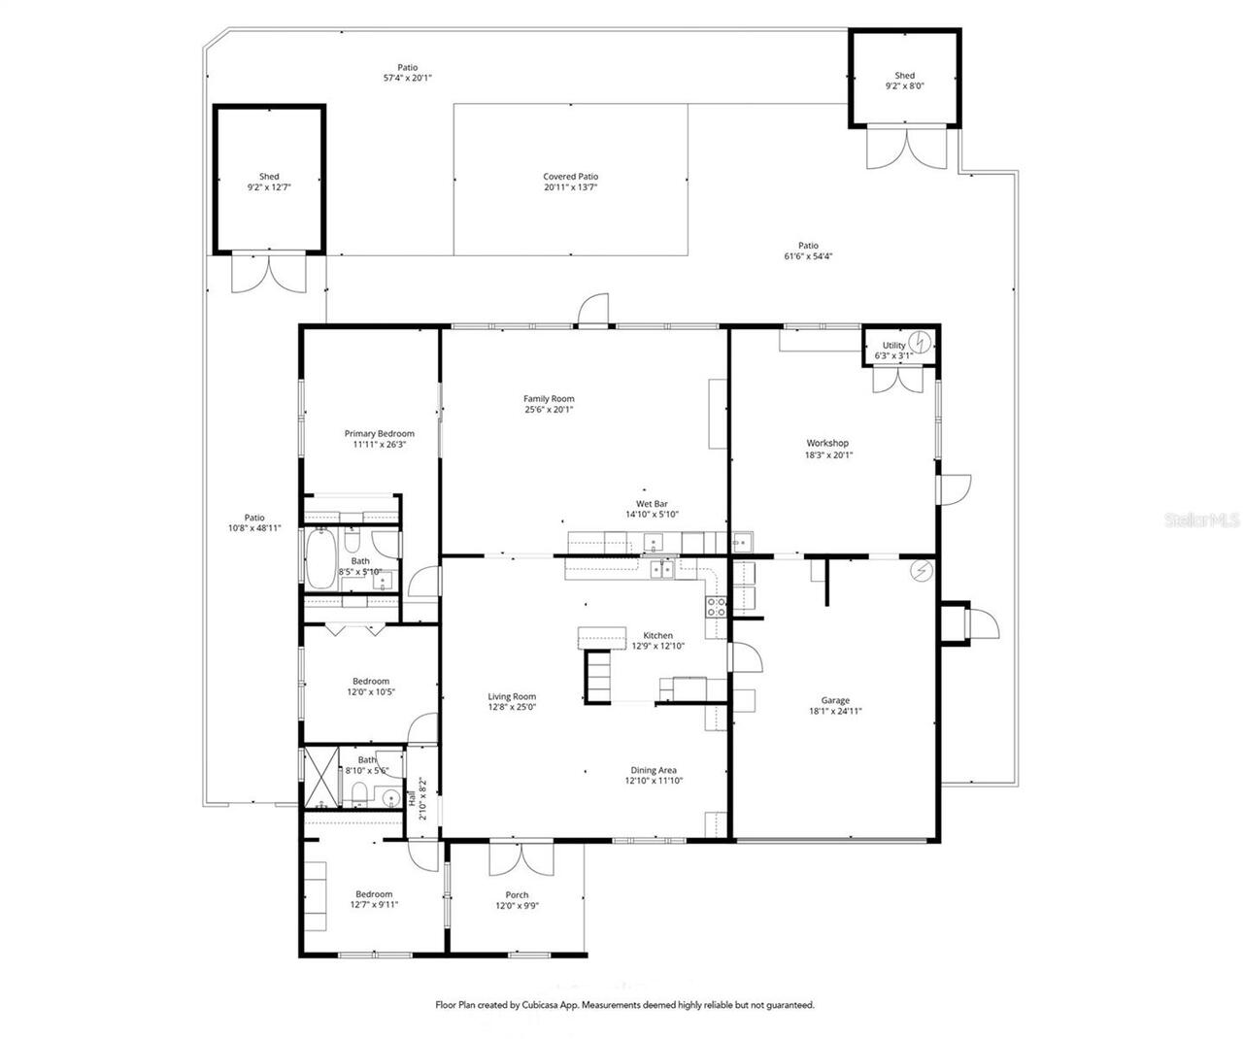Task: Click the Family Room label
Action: tap(549, 398)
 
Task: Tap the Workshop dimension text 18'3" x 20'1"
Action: tap(827, 454)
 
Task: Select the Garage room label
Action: tap(835, 700)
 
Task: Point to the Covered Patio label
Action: tap(570, 177)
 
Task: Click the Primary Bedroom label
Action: tap(379, 433)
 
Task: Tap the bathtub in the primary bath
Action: tap(319, 560)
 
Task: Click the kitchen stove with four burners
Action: tap(716, 608)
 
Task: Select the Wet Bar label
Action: tap(651, 504)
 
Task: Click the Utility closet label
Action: tap(893, 345)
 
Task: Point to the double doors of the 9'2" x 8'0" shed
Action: tap(906, 149)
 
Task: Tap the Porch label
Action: tap(517, 894)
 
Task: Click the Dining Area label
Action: tap(654, 770)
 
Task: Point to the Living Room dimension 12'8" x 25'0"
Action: tap(512, 707)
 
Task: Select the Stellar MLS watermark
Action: tap(1200, 520)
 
